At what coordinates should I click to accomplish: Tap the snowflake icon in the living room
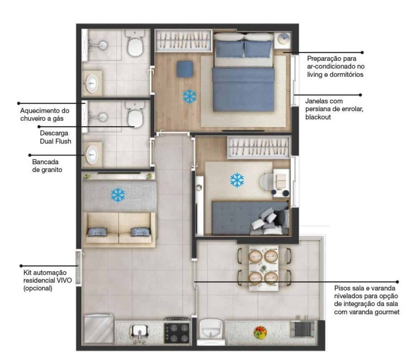[118, 195]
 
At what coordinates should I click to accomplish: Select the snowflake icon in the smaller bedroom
[237, 180]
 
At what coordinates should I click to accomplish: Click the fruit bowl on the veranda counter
[260, 332]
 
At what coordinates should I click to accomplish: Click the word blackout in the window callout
[318, 117]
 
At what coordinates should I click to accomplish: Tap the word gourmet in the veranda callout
[385, 312]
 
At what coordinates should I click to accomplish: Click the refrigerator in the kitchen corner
[99, 330]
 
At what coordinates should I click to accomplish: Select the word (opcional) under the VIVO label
[38, 288]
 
